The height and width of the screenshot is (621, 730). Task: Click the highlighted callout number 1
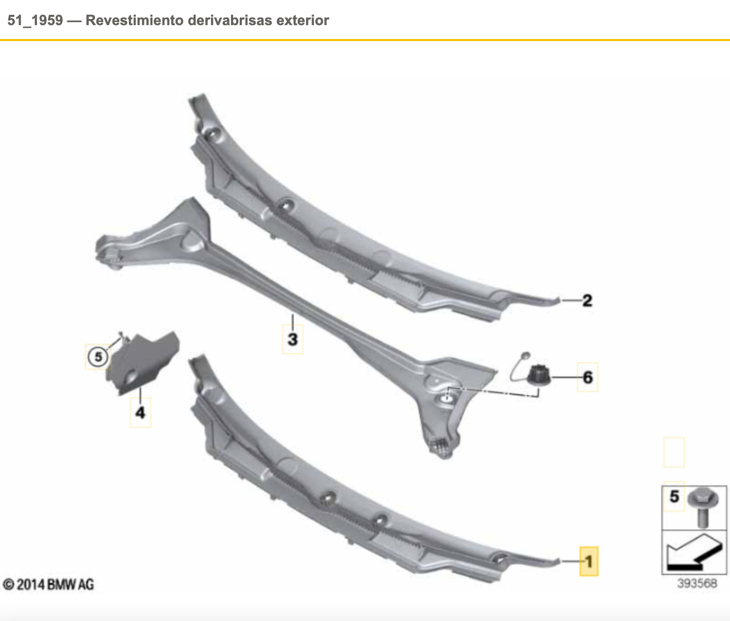click(589, 561)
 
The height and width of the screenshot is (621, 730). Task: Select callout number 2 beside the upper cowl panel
click(587, 300)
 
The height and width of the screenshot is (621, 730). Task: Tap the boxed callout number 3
click(293, 339)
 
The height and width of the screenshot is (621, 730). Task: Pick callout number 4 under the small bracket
click(140, 412)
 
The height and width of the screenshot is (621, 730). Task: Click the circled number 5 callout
click(98, 356)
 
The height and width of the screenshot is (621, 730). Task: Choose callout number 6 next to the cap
click(588, 378)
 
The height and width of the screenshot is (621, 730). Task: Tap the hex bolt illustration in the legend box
click(701, 506)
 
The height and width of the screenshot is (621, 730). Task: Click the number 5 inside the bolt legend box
click(675, 496)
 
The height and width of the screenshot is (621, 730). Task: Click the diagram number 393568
click(697, 584)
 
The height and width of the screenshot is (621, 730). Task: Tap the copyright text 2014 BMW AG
click(49, 584)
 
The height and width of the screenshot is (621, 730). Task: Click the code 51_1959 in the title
click(35, 21)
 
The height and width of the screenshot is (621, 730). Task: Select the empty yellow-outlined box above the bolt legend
click(674, 452)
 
